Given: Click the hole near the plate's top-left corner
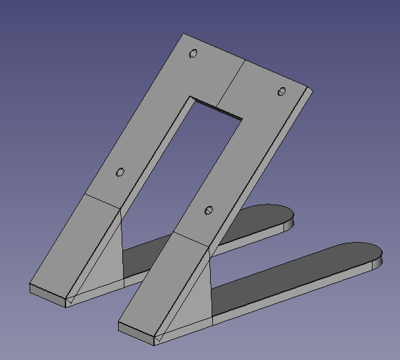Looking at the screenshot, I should (193, 54).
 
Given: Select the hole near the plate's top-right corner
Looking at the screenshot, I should (282, 91).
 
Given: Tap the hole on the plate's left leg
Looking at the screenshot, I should (120, 172).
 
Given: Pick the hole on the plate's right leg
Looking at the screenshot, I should (209, 210).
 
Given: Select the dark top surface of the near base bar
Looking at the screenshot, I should (302, 270).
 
